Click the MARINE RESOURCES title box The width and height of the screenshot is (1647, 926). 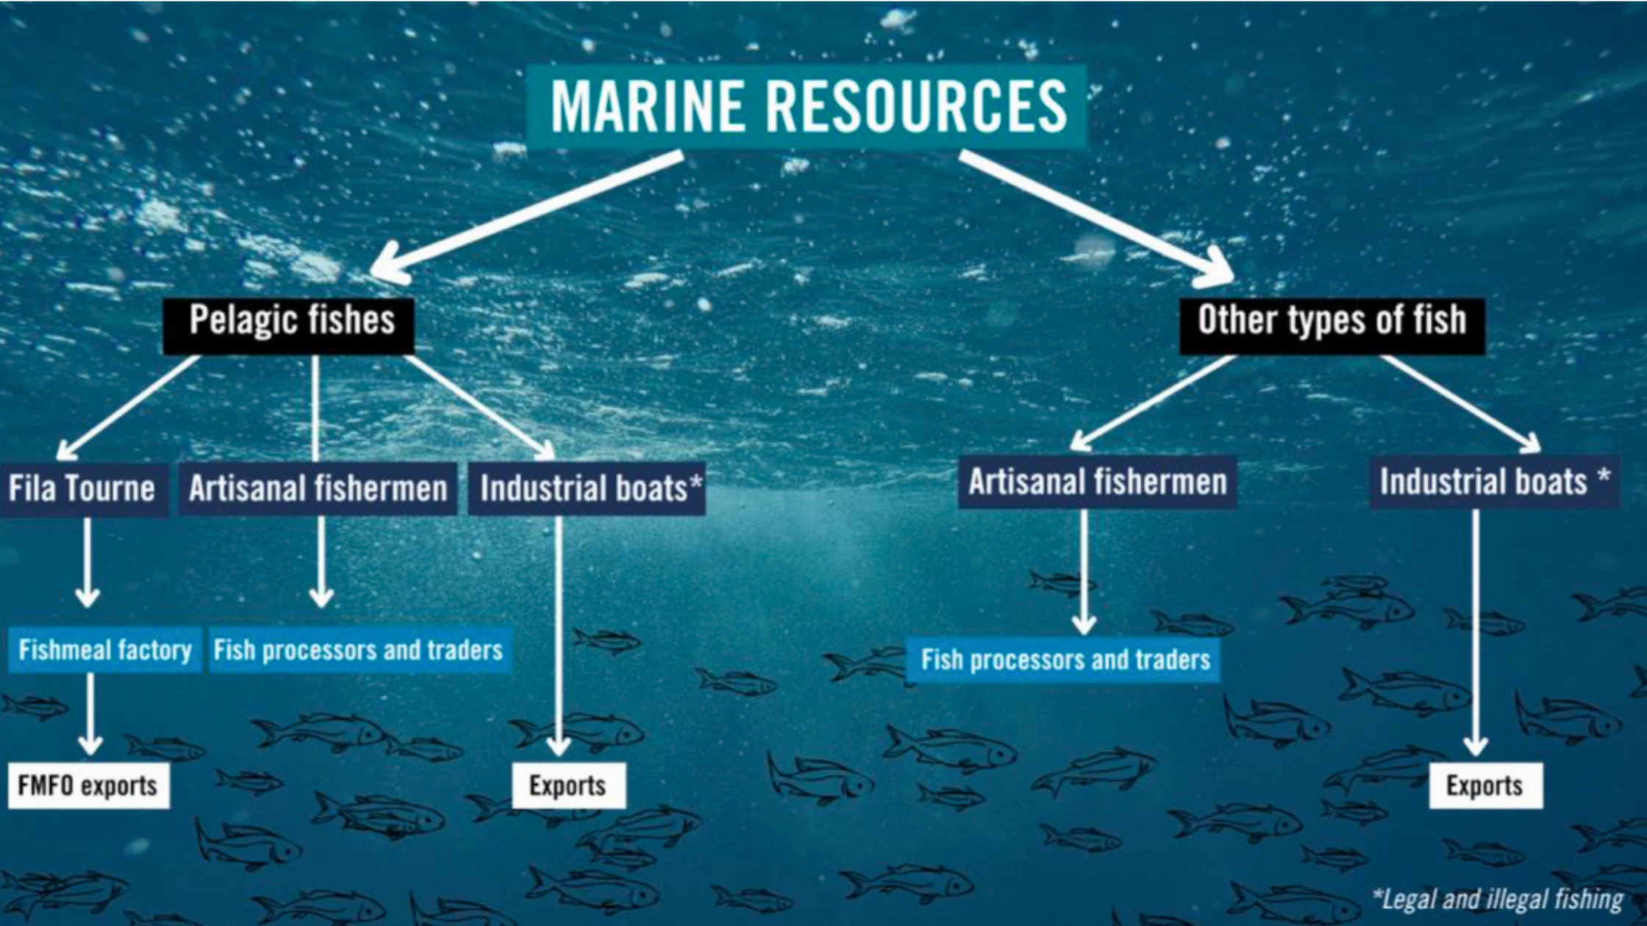(807, 107)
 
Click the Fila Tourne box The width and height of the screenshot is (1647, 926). (82, 489)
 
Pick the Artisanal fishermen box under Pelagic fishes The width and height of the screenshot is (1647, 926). (318, 489)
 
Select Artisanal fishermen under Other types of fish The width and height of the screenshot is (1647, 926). (1097, 483)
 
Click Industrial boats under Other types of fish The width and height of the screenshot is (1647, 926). (1493, 483)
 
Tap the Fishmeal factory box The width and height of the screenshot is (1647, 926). (104, 650)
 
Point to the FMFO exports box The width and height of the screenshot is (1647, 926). (88, 786)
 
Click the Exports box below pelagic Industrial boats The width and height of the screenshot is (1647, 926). (568, 786)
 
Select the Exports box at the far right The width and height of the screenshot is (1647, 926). (1485, 786)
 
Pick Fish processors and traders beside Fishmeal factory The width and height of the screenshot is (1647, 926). (359, 650)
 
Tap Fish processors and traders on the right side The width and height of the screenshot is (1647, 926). (1065, 659)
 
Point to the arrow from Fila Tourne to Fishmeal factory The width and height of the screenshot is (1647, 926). (87, 562)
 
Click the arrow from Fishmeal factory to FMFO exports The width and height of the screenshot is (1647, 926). (90, 713)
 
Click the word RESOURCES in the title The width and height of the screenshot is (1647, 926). (918, 107)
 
